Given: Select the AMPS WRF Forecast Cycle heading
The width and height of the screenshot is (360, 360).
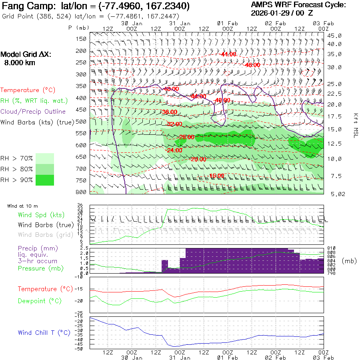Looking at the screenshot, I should click(x=298, y=5).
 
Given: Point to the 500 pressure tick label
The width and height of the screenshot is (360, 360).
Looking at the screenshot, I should click(x=81, y=122).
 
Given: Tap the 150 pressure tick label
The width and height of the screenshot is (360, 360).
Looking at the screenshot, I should click(x=81, y=39).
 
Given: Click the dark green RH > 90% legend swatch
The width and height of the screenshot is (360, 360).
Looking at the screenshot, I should click(x=45, y=180).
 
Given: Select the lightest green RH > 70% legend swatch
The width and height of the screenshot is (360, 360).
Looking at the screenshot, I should click(x=45, y=158).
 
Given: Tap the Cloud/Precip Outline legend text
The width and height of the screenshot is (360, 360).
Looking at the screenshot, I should click(x=33, y=112).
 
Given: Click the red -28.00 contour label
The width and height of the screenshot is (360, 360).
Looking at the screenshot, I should click(x=186, y=137).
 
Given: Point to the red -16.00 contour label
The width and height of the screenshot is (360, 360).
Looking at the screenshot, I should click(x=216, y=176).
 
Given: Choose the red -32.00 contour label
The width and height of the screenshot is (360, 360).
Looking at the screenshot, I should click(x=174, y=124).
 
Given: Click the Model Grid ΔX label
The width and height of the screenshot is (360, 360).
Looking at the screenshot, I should click(x=26, y=55).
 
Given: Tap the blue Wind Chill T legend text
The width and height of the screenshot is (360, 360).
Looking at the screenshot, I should click(x=44, y=333).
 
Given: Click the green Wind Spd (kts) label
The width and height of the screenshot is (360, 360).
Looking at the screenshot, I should click(x=41, y=215).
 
